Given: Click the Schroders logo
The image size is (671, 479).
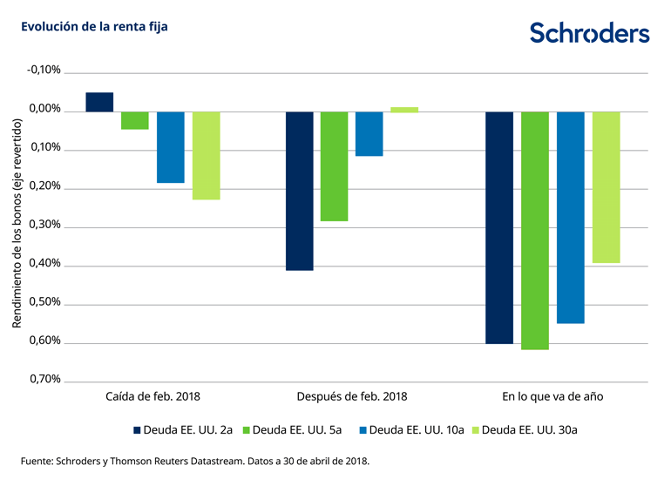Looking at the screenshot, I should [589, 33].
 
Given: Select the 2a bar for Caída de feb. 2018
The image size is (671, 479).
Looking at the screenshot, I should [99, 102].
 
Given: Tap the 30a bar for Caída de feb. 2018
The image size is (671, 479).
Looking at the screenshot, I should [206, 155].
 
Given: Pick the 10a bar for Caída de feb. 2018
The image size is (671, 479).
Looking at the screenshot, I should [171, 146].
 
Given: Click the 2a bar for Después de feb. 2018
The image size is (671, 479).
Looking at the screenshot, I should [300, 190].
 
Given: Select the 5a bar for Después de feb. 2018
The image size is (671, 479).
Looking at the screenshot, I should [334, 165].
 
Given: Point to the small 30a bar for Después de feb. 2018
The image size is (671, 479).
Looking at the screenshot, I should [404, 109].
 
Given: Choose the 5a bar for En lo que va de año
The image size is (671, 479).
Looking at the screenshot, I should [535, 230].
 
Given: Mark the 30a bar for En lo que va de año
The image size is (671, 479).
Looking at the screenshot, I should [606, 186].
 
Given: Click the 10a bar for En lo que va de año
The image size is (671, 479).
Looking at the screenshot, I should [571, 217].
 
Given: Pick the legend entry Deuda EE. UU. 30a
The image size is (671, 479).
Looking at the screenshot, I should [525, 429].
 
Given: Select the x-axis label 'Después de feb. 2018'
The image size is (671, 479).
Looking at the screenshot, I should [352, 396].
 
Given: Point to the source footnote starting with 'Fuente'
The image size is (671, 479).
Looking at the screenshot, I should [195, 460].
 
